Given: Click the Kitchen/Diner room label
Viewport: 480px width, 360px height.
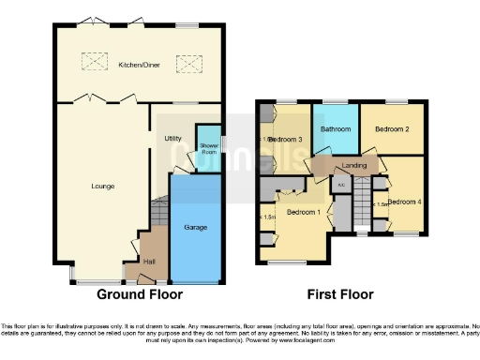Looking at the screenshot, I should click(x=138, y=66).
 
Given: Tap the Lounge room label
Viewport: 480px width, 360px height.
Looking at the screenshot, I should click(x=103, y=187).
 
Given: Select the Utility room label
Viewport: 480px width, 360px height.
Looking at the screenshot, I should click(x=172, y=139).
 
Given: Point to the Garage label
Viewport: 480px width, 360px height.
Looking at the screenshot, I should click(x=196, y=227).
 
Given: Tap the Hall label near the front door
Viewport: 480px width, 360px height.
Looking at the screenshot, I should click(x=148, y=262).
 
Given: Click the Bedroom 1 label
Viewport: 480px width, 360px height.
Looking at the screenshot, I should click(x=303, y=212).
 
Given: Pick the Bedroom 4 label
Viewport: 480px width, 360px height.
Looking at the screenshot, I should click(x=405, y=202).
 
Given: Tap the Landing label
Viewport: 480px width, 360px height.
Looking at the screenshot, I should click(x=354, y=166).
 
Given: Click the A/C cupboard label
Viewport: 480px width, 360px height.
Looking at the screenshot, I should click(x=342, y=185).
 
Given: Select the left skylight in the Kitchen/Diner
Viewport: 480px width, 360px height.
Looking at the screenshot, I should click(x=95, y=64).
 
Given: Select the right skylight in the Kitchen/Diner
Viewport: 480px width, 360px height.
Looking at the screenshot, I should click(x=188, y=64).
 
